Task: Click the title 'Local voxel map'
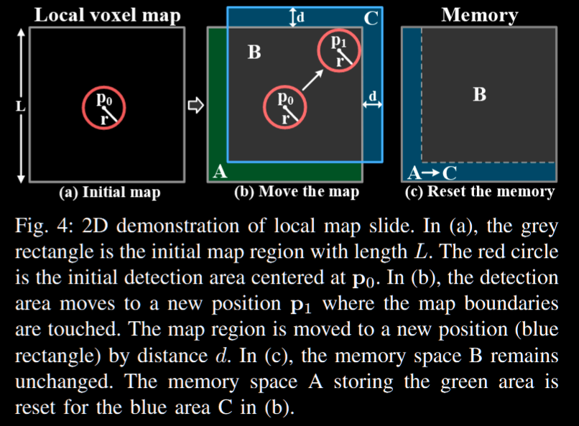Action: click(107, 15)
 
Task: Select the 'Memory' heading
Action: click(479, 15)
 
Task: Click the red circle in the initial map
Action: click(106, 107)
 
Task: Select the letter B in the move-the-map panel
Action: click(254, 52)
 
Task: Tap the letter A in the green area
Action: click(220, 171)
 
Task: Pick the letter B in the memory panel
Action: click(480, 94)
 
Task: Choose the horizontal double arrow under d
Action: click(371, 106)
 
